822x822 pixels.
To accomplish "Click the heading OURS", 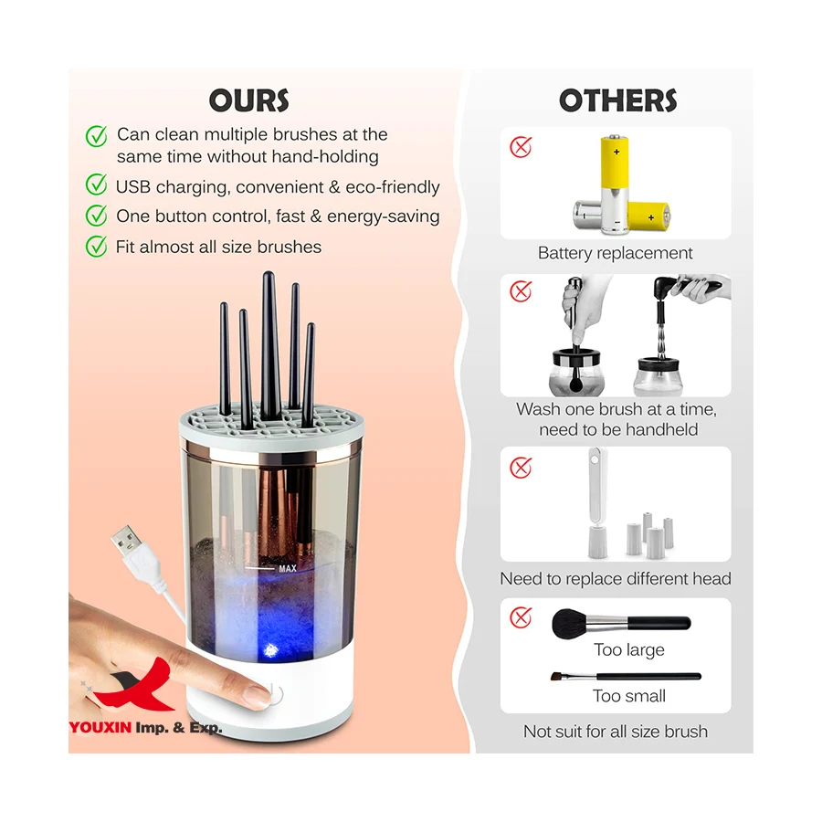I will coord(248,100).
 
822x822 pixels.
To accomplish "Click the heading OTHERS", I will coord(618,100).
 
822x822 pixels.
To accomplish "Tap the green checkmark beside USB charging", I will coord(96,185).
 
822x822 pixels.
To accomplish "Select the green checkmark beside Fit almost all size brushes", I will coord(96,247).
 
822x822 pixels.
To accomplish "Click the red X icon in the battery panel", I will coord(521,146).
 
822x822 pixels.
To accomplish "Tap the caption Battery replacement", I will coord(615,253).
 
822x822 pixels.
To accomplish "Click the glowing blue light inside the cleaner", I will coord(270,649).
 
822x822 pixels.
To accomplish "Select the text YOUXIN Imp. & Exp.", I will coord(145,728).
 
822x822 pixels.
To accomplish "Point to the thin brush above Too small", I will coord(626,676).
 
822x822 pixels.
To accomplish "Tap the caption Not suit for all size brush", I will coord(615,732).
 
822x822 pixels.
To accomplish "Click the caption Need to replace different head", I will coord(615,578).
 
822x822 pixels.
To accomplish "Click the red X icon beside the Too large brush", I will coord(521,617).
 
